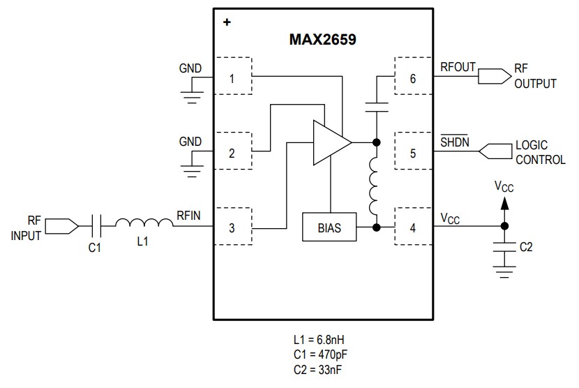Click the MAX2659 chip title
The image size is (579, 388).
click(x=323, y=39)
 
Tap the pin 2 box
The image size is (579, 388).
click(x=232, y=153)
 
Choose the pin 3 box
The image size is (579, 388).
click(x=232, y=227)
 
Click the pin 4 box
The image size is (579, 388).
click(x=413, y=227)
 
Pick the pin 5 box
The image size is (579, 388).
click(x=413, y=153)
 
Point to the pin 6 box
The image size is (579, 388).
click(x=413, y=77)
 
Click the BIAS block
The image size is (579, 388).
click(x=329, y=227)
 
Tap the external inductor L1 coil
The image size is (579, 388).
click(x=143, y=223)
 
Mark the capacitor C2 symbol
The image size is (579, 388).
click(x=504, y=246)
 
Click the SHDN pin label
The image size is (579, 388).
click(x=455, y=142)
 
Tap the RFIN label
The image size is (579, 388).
click(x=188, y=216)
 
